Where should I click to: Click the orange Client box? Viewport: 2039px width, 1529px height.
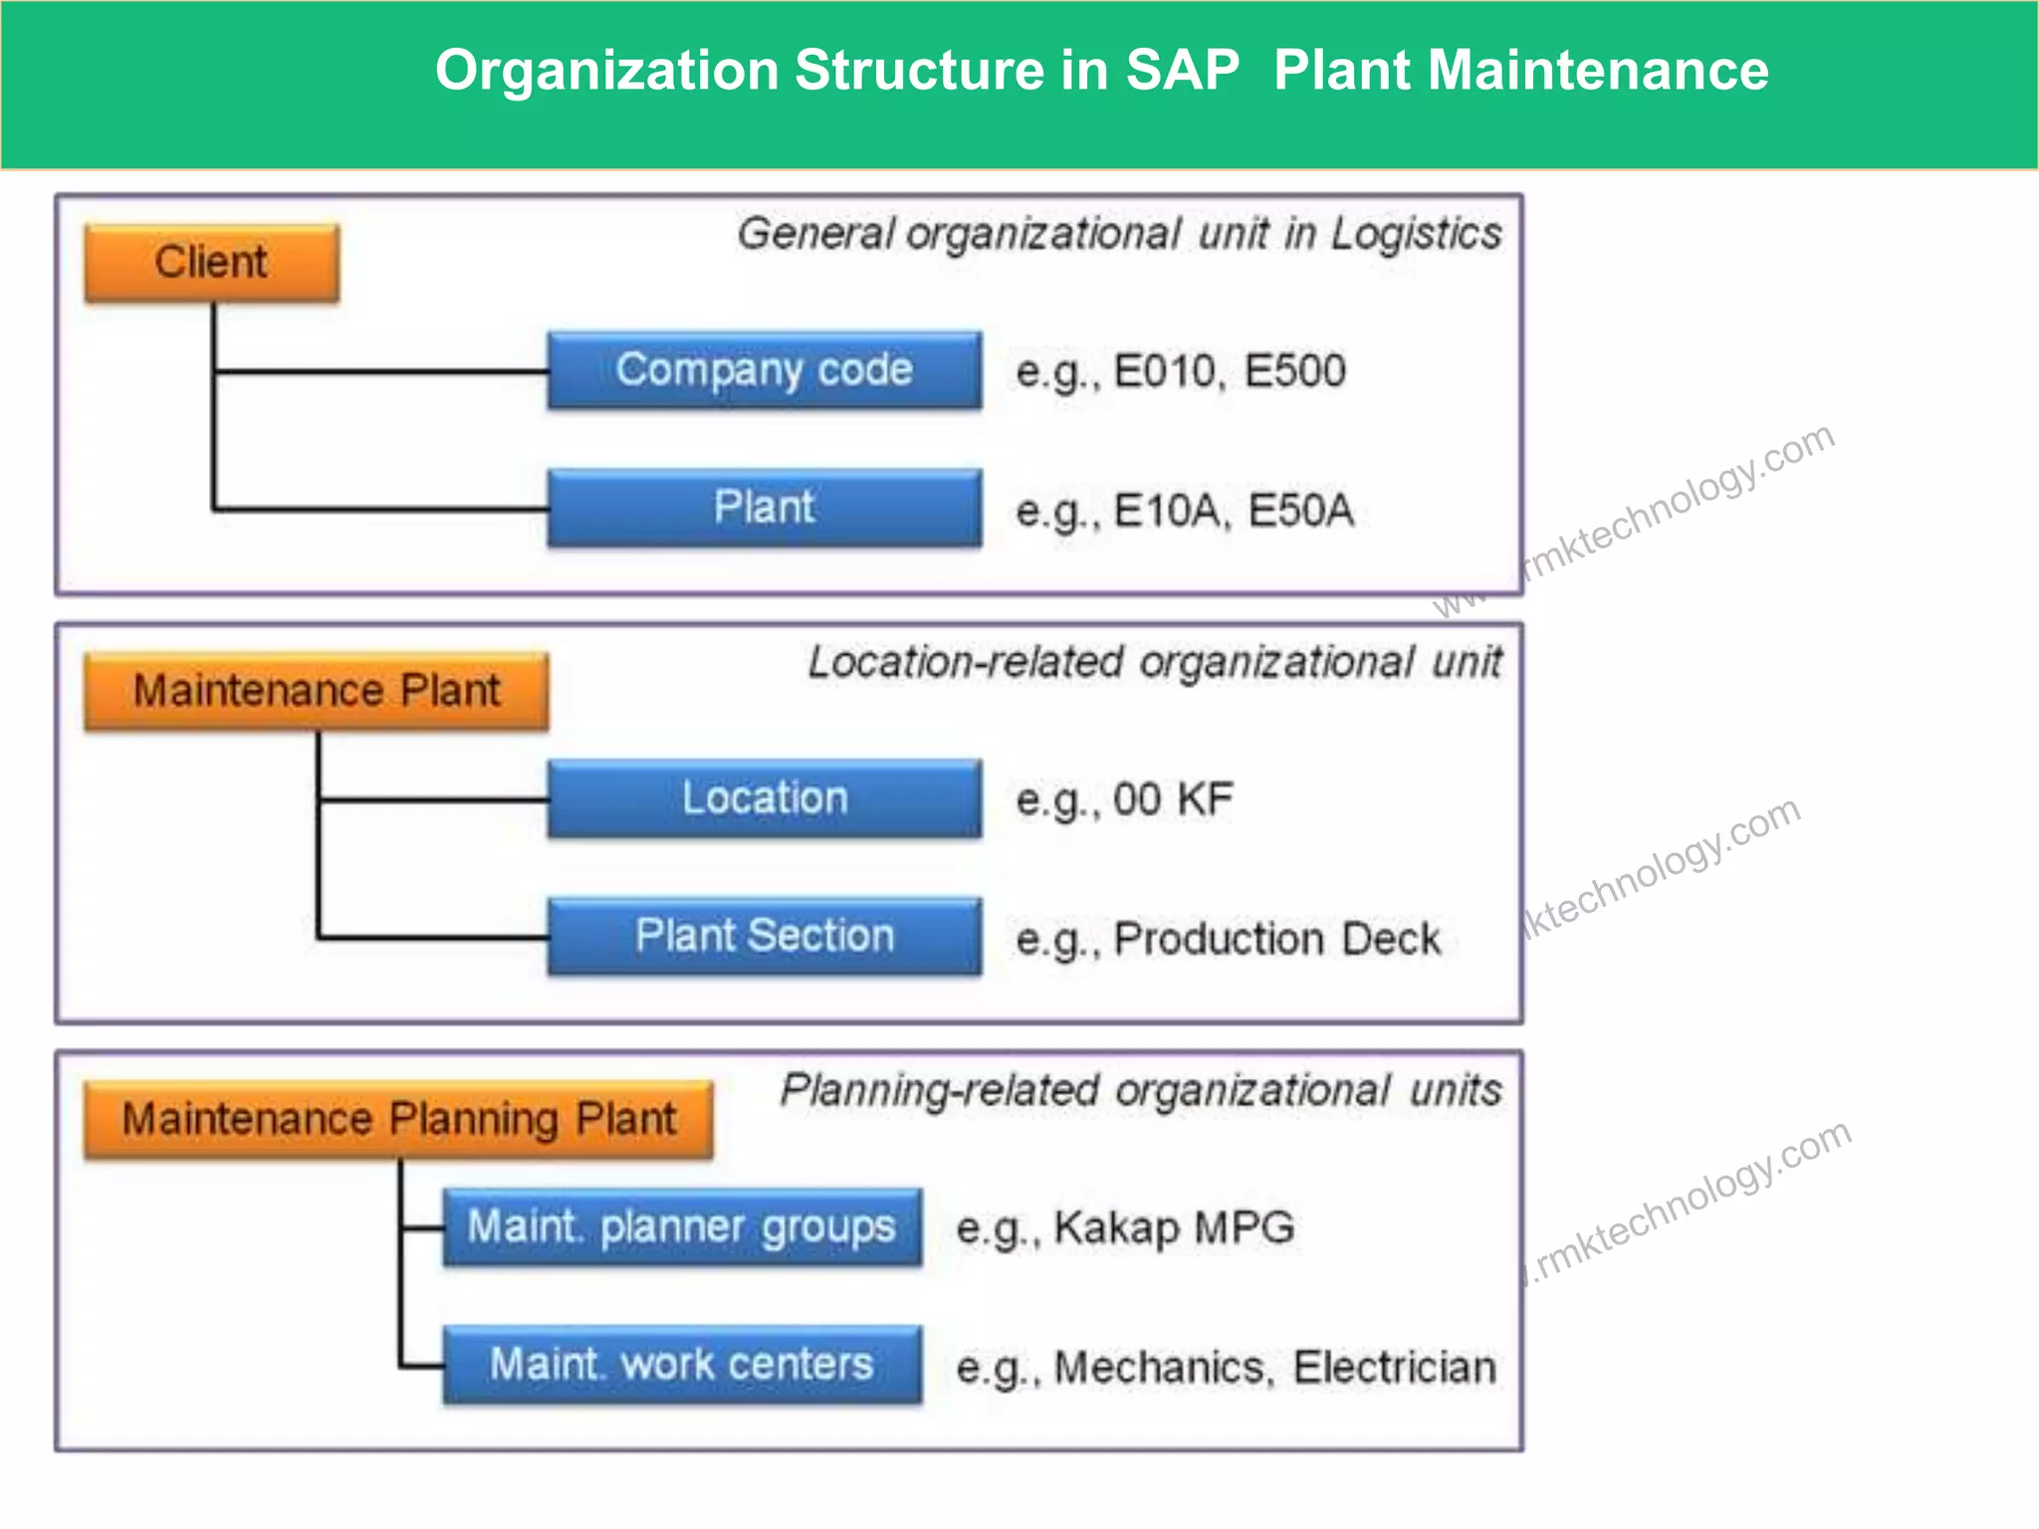point(211,263)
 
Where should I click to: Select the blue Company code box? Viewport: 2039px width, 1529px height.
point(764,370)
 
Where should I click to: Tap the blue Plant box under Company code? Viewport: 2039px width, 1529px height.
point(764,508)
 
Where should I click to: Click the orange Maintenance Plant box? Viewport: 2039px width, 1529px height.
point(316,691)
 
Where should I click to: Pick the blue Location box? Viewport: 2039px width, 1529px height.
point(764,798)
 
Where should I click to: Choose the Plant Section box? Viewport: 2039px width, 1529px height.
point(764,936)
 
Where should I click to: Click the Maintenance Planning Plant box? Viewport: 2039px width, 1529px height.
point(398,1119)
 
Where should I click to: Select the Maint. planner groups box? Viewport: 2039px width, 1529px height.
point(682,1226)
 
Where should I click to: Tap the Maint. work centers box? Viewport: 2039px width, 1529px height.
point(682,1364)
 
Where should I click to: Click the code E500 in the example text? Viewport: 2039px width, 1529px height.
point(1294,371)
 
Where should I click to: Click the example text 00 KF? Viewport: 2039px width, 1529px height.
point(1173,799)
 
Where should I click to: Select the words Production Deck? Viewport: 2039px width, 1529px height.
point(1276,939)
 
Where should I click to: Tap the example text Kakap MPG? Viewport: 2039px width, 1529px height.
point(1174,1227)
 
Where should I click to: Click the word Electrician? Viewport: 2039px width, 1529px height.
point(1394,1367)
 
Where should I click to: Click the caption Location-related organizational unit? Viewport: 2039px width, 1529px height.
point(1154,663)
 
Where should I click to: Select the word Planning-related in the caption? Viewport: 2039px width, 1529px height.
point(939,1091)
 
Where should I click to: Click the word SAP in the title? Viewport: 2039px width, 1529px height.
point(1182,71)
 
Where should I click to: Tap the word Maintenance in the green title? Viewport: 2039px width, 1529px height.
point(1597,71)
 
